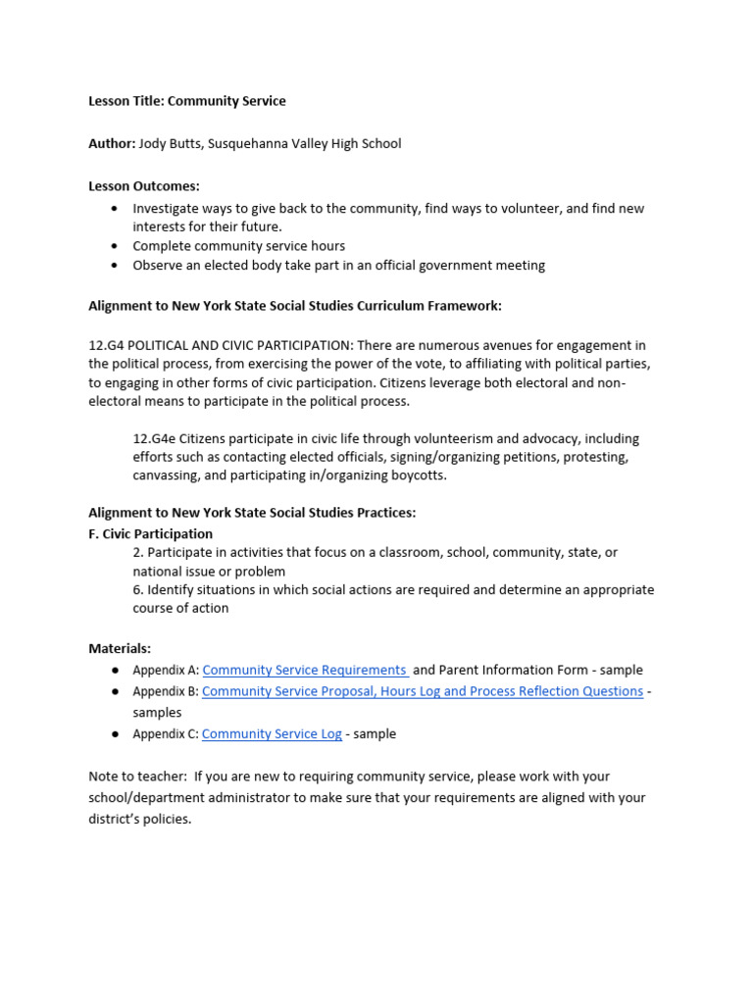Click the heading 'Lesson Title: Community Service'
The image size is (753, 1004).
tap(187, 101)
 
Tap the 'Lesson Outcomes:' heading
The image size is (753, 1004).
tap(144, 185)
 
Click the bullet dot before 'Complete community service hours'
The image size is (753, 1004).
tap(116, 246)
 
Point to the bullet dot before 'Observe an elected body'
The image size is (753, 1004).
tap(116, 265)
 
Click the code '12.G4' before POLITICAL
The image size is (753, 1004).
tap(107, 345)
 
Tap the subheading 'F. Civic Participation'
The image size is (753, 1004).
tap(150, 533)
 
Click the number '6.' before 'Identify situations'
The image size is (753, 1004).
tap(138, 589)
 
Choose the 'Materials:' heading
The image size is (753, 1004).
tap(120, 648)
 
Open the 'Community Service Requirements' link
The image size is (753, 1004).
tap(305, 670)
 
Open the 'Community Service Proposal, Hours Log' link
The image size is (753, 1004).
tap(423, 691)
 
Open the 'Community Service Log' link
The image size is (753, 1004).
tap(272, 733)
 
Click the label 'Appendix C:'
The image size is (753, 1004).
tap(166, 733)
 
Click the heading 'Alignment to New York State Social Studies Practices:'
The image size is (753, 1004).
tap(252, 513)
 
